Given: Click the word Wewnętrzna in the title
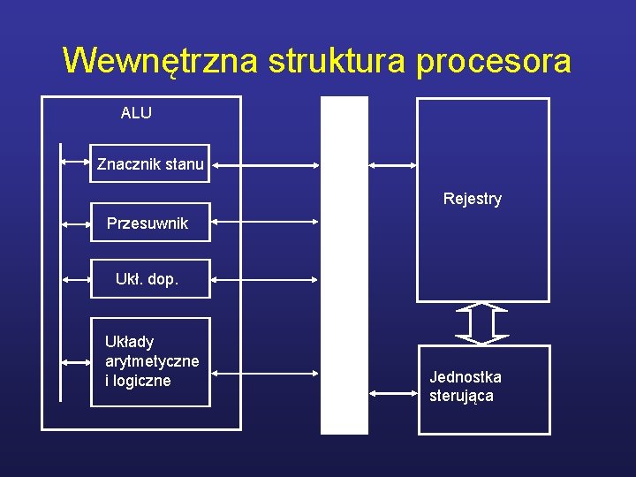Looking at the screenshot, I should click(x=160, y=61).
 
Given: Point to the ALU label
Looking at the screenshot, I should click(x=136, y=113).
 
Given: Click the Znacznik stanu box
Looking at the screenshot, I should click(x=150, y=163).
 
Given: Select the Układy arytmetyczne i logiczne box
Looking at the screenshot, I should click(x=151, y=361).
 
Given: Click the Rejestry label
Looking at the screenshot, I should click(x=473, y=199).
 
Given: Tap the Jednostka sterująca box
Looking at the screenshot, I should click(x=483, y=388).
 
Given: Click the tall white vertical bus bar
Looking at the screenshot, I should click(x=344, y=265).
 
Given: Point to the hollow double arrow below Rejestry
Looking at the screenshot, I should click(x=481, y=323).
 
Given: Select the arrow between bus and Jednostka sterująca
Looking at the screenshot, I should click(x=393, y=392).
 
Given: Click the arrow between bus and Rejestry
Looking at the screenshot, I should click(x=393, y=165).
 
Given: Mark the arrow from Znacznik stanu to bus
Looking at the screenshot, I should click(x=265, y=164).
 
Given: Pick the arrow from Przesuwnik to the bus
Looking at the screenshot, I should click(x=265, y=224).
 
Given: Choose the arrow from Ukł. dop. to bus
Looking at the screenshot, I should click(x=265, y=280).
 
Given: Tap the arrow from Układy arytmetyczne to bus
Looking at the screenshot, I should click(x=265, y=374).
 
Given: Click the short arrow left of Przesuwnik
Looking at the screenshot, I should click(x=76, y=224).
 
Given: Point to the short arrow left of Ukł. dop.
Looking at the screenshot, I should click(x=76, y=280).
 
